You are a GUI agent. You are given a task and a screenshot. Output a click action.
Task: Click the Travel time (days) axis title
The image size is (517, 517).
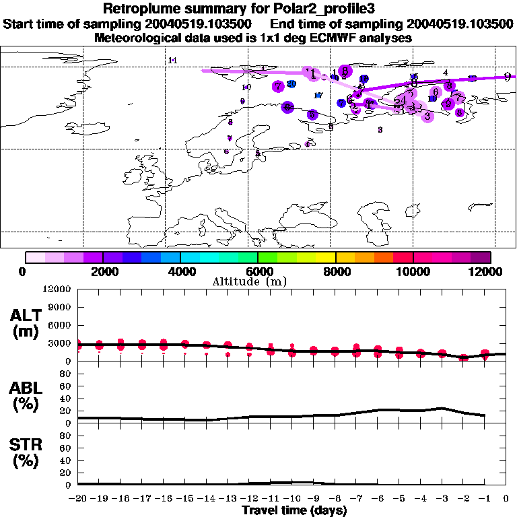(x=294, y=511)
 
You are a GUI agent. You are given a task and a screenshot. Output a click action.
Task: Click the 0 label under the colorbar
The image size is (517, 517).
(x=25, y=271)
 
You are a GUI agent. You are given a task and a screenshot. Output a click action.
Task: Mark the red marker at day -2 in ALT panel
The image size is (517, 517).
(x=463, y=357)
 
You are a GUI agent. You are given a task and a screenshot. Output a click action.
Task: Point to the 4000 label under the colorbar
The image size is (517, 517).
(x=180, y=271)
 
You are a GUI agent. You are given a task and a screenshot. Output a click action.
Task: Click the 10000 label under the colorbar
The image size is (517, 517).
(x=413, y=271)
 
